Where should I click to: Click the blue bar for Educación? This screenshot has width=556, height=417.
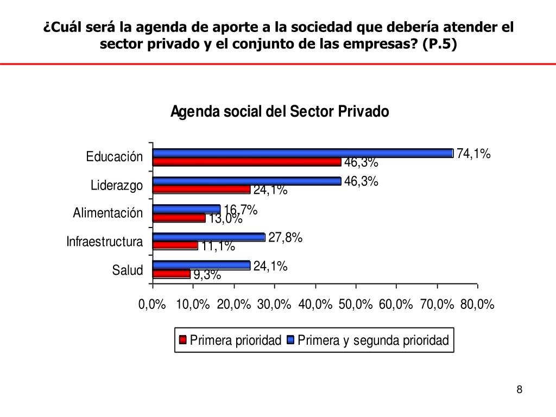303,153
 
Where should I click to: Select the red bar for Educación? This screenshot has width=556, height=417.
247,162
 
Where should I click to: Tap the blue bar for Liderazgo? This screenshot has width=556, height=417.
247,181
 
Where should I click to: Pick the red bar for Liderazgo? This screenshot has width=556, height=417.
201,189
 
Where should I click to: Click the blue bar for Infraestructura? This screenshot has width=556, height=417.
209,237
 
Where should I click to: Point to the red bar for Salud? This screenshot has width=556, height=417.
172,274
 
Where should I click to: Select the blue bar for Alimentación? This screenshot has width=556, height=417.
187,209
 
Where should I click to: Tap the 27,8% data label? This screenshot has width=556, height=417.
285,238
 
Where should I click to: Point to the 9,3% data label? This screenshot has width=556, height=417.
207,275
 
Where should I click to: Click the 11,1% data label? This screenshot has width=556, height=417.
218,247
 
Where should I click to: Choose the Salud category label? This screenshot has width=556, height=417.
128,270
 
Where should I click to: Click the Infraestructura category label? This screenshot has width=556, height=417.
105,242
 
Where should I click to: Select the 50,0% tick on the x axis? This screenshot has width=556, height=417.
356,305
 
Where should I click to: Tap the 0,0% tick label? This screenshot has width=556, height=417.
152,305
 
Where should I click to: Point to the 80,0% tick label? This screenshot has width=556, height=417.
477,305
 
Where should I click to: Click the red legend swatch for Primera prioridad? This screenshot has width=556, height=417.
182,340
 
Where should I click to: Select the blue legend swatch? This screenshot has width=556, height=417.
291,340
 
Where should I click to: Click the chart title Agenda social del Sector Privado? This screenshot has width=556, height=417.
280,112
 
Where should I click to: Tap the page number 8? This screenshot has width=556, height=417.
520,389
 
